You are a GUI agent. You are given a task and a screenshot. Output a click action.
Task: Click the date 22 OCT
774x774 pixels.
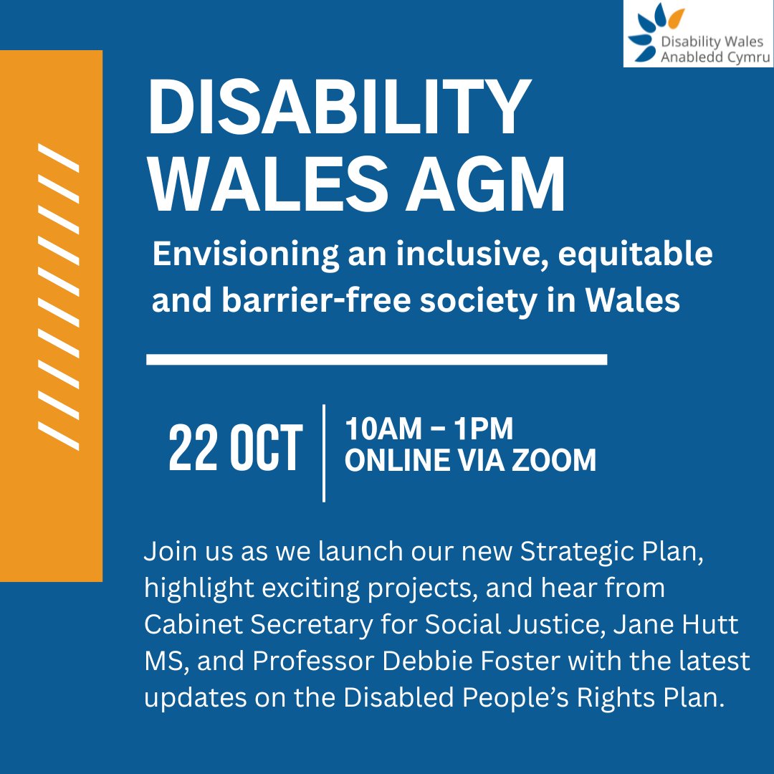click(235, 450)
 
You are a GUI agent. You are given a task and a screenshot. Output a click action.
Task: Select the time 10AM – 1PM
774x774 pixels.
click(429, 430)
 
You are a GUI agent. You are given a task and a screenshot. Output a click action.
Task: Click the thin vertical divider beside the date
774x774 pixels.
click(324, 453)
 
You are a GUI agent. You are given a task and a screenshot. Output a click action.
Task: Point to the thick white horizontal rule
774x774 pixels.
click(376, 359)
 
